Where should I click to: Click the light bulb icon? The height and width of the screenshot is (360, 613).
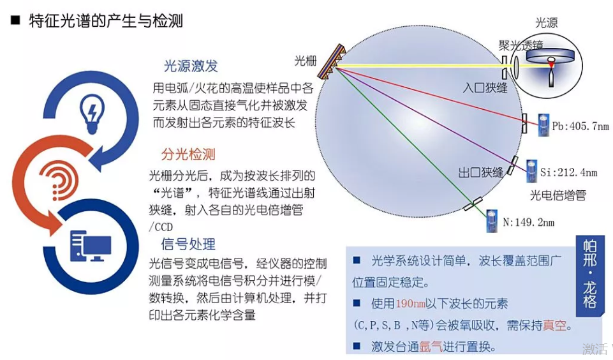tap(92, 114)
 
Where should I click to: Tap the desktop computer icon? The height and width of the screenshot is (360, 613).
tap(91, 246)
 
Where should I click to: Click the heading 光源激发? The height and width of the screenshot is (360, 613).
tap(190, 66)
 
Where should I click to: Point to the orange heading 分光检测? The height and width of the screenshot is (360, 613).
tap(188, 154)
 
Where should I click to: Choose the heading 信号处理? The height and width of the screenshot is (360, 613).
tap(188, 244)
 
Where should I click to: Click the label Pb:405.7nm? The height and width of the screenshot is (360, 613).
tap(580, 126)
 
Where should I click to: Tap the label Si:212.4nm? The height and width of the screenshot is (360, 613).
tap(569, 172)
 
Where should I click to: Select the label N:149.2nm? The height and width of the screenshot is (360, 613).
tap(529, 222)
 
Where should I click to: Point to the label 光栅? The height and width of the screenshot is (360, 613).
tap(306, 61)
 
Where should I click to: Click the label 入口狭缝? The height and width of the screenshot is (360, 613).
tap(485, 87)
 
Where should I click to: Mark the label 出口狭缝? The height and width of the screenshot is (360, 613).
tap(481, 172)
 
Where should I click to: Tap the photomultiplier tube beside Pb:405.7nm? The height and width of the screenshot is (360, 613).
tap(543, 125)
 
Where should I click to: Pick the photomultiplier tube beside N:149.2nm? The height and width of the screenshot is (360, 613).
tap(492, 221)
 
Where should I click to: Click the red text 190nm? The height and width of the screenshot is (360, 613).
tap(411, 304)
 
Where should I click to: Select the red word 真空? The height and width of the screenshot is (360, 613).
tap(554, 325)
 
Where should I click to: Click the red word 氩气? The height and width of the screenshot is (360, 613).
tap(431, 347)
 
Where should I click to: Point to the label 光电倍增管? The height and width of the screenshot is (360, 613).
tap(558, 195)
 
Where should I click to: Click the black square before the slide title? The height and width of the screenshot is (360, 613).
tap(15, 20)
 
